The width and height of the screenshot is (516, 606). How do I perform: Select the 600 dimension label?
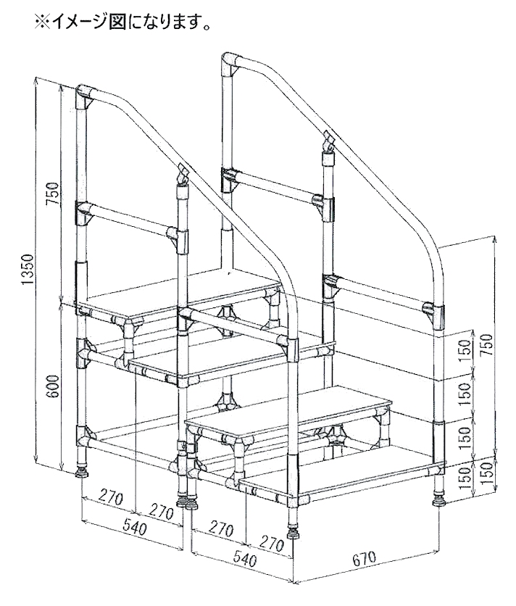click(x=53, y=386)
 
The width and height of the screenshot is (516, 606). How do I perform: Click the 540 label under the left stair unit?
click(x=135, y=528)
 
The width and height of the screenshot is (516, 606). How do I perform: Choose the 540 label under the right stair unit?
click(x=245, y=557)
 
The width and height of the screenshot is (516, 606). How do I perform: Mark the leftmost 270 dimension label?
click(x=111, y=498)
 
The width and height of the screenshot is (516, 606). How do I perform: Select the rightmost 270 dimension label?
click(x=271, y=544)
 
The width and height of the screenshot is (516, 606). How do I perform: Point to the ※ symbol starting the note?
click(x=42, y=22)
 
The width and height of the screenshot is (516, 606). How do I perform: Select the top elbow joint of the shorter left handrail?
click(x=85, y=94)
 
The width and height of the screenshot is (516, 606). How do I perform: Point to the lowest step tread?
click(x=343, y=475)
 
